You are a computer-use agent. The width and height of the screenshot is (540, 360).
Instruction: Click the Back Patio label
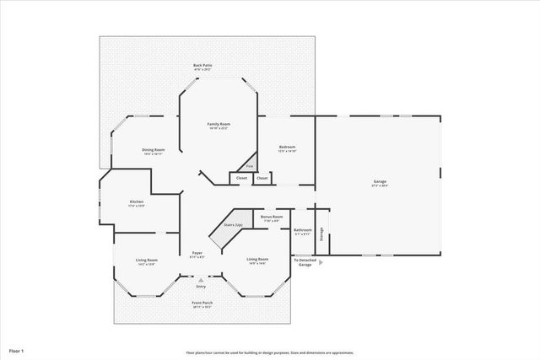click(201, 65)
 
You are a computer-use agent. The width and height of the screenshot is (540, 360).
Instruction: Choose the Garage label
click(380, 183)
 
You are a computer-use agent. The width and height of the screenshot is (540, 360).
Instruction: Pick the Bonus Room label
click(272, 218)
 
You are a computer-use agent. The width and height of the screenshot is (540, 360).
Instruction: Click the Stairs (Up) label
click(233, 225)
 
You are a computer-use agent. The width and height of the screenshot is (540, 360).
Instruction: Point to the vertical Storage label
click(321, 237)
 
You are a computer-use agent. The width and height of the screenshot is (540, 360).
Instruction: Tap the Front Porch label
click(202, 304)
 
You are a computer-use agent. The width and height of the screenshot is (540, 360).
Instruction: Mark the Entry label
click(201, 287)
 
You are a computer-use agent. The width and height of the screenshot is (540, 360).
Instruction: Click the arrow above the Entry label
click(201, 279)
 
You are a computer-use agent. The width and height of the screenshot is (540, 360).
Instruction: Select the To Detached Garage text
click(304, 262)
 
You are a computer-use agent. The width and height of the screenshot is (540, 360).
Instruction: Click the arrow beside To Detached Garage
click(320, 262)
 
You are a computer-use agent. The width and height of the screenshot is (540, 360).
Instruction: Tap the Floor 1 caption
click(17, 349)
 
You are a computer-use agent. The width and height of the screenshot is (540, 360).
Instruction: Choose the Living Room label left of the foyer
click(147, 261)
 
